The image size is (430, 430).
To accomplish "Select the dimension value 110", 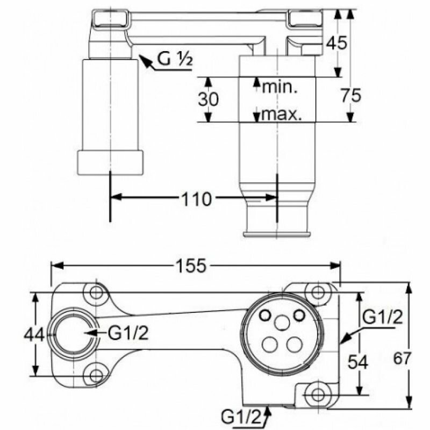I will (194, 200).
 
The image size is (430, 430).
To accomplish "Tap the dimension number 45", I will (338, 44).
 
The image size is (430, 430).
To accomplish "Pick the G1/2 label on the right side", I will (382, 317).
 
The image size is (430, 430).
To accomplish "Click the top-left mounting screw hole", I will (97, 292).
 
